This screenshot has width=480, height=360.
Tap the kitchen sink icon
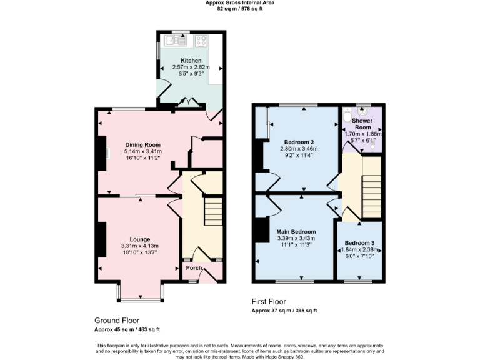173,41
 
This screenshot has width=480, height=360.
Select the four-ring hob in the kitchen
201,41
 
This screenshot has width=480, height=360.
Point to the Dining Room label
143,144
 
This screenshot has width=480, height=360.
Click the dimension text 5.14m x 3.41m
143,151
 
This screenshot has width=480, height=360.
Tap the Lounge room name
140,239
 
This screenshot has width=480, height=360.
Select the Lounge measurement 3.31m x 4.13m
140,246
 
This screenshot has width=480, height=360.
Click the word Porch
194,268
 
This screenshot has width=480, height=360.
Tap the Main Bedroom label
296,231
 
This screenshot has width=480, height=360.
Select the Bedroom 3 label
360,242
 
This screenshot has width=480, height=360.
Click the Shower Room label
362,124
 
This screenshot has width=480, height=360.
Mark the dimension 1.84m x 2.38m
360,250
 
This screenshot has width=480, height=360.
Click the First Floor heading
269,301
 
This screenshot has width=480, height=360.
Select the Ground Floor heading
117,319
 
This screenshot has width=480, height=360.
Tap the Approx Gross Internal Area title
240,2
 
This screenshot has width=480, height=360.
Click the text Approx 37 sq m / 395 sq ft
284,311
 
